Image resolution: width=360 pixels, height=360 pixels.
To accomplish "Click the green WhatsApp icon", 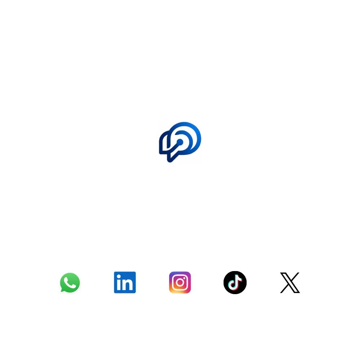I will pyautogui.click(x=70, y=282).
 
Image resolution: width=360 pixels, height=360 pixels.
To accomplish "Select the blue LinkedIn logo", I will pyautogui.click(x=125, y=282).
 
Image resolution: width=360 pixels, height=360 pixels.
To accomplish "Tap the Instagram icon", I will pyautogui.click(x=180, y=282).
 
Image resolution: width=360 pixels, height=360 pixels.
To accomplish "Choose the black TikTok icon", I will pyautogui.click(x=235, y=282).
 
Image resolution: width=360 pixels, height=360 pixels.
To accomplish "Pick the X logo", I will pyautogui.click(x=290, y=283).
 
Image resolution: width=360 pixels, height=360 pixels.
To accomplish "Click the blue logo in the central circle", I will pyautogui.click(x=180, y=142).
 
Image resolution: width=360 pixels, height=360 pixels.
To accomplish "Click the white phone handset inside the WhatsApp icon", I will pyautogui.click(x=70, y=283).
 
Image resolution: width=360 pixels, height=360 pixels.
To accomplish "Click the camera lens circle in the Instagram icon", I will pyautogui.click(x=180, y=283).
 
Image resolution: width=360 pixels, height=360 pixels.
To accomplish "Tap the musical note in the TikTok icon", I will pyautogui.click(x=235, y=282).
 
